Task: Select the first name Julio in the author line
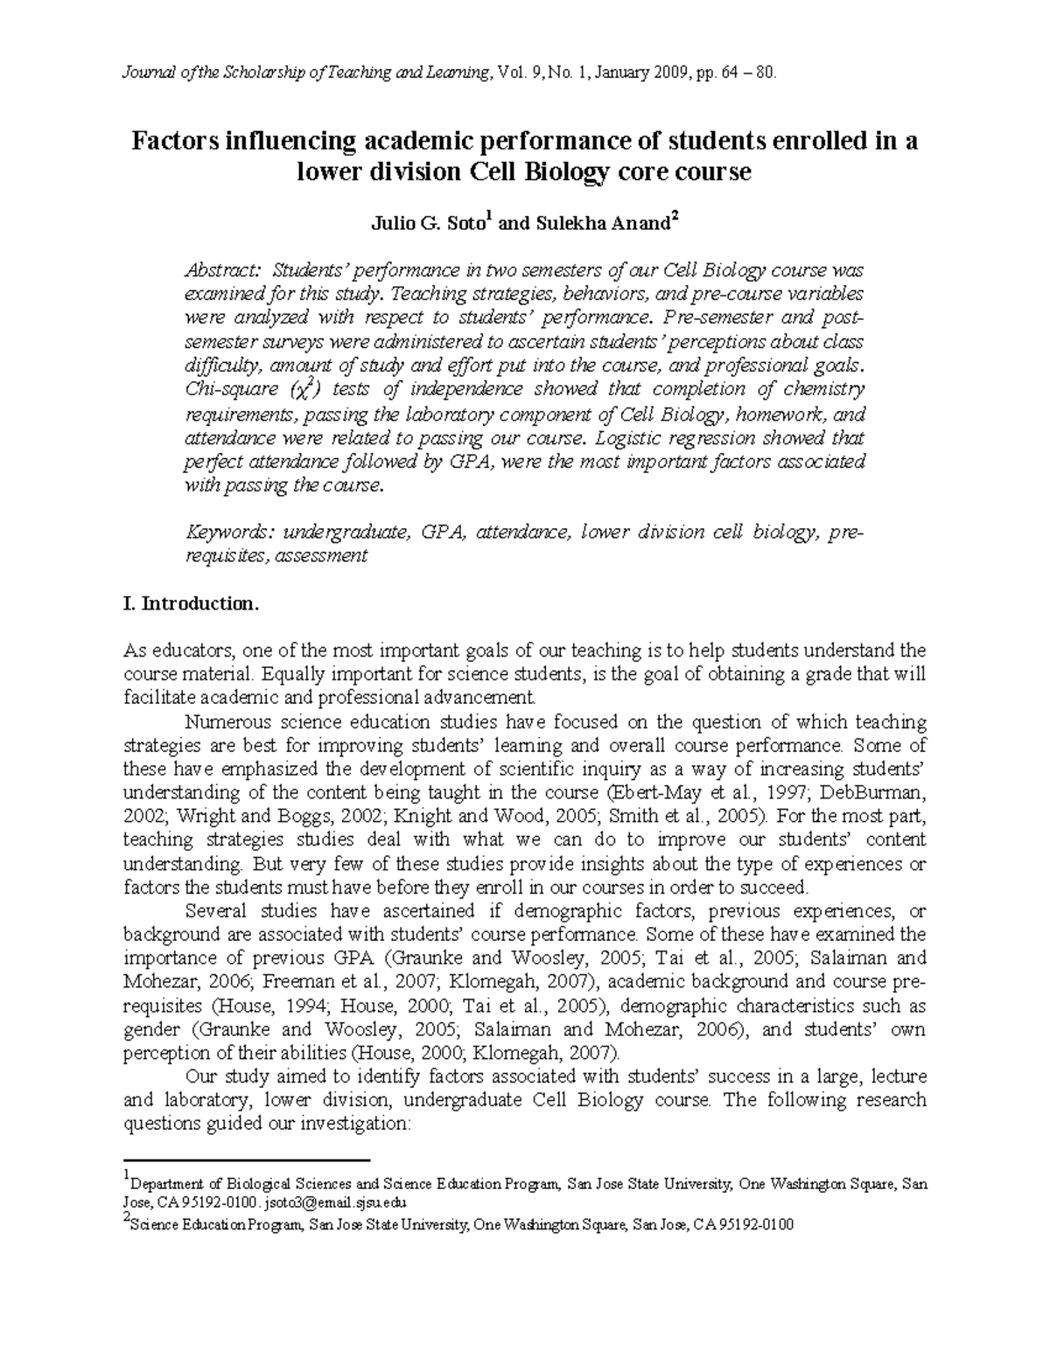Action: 382,223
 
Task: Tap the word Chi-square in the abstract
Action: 223,388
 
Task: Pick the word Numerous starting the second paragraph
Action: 228,722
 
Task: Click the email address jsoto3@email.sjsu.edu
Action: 324,1201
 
